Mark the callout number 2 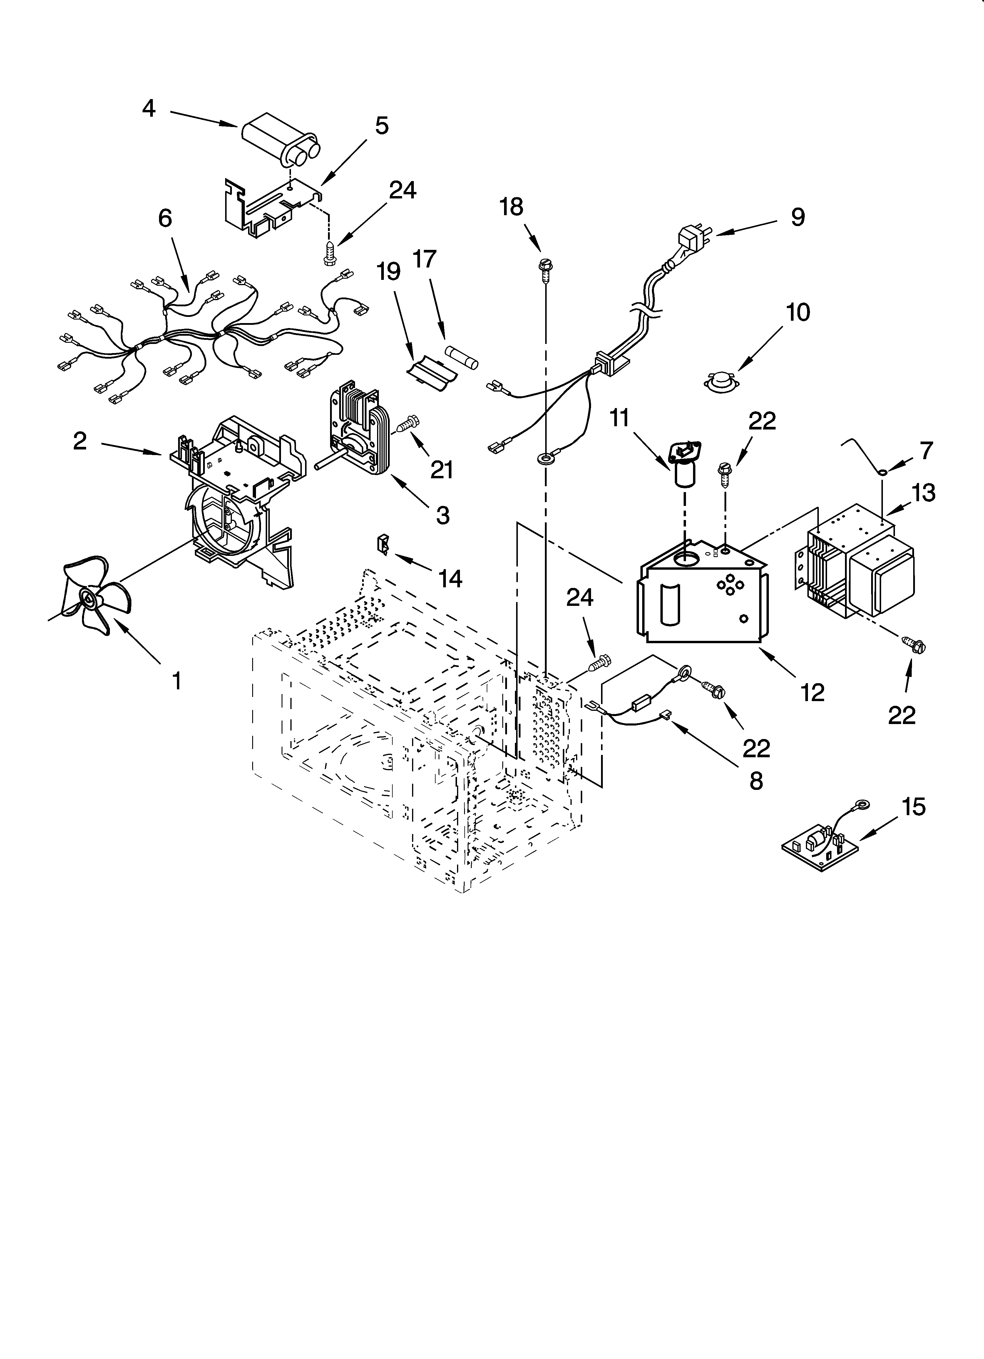pyautogui.click(x=80, y=442)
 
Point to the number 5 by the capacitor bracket pyautogui.click(x=382, y=126)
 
